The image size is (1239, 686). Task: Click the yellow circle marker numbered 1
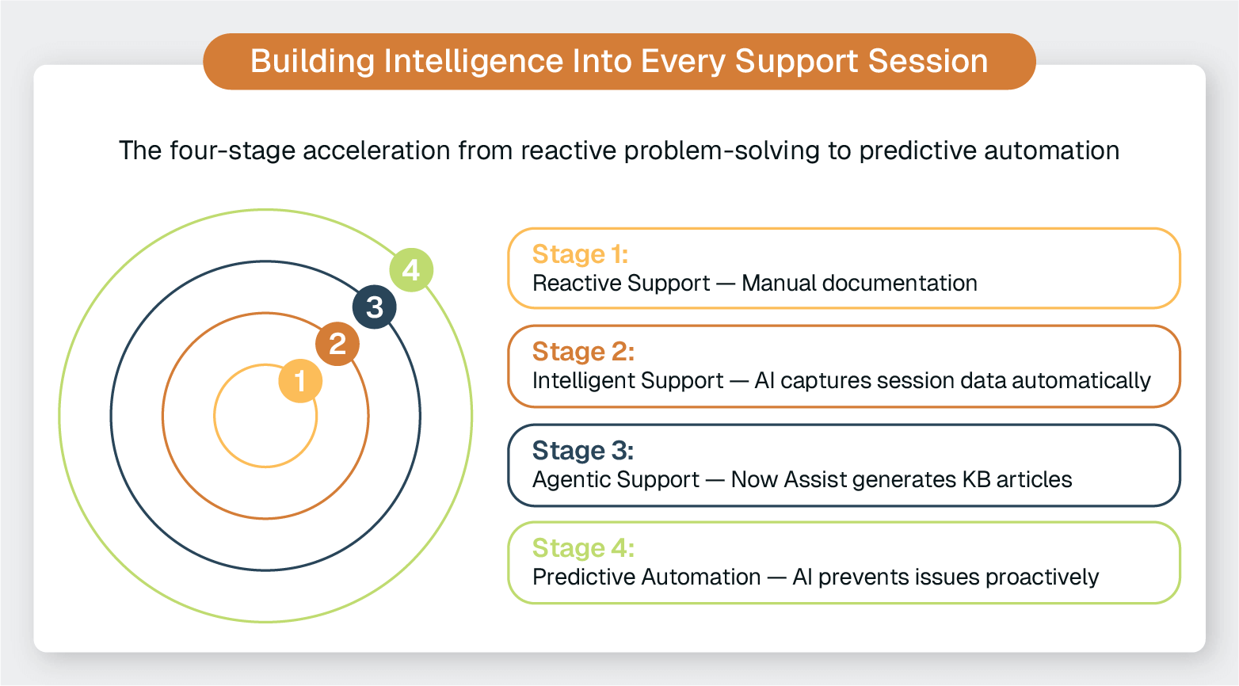point(300,381)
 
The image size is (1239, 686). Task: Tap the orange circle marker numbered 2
point(337,344)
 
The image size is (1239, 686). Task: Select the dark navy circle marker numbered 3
point(375,307)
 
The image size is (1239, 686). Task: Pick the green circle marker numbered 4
point(411,270)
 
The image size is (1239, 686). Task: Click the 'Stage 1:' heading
point(580,254)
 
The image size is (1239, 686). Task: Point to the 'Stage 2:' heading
point(583,352)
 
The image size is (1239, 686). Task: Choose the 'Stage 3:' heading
point(582,451)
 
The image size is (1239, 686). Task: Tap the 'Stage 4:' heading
point(583,548)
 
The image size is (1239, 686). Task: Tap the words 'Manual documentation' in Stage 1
point(859,284)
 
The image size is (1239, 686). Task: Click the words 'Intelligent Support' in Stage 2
point(627,381)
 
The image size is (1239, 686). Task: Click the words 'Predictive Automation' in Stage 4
point(646,577)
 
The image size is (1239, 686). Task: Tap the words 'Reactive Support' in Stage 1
point(621,284)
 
